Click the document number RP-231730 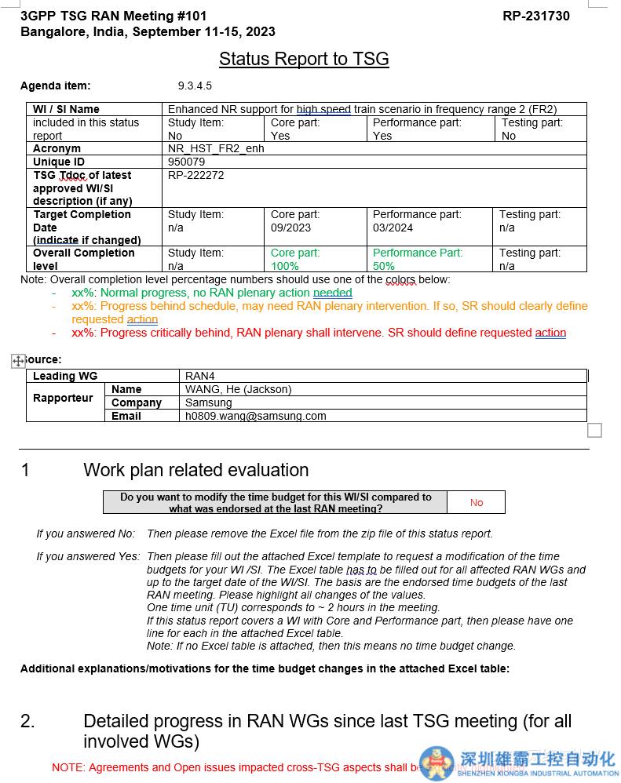tap(536, 16)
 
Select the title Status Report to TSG tap(304, 59)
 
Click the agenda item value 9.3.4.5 tap(195, 86)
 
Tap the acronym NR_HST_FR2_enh tap(216, 148)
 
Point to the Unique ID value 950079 tap(187, 162)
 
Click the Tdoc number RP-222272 tap(196, 175)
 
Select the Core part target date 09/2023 tap(290, 228)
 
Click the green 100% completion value tap(284, 266)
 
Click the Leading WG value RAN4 tap(200, 376)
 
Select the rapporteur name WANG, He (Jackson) tap(238, 389)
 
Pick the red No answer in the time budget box tap(477, 502)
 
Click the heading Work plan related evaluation tap(195, 470)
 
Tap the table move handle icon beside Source tap(18, 360)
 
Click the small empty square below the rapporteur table tap(595, 430)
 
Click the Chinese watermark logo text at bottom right tap(537, 759)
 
